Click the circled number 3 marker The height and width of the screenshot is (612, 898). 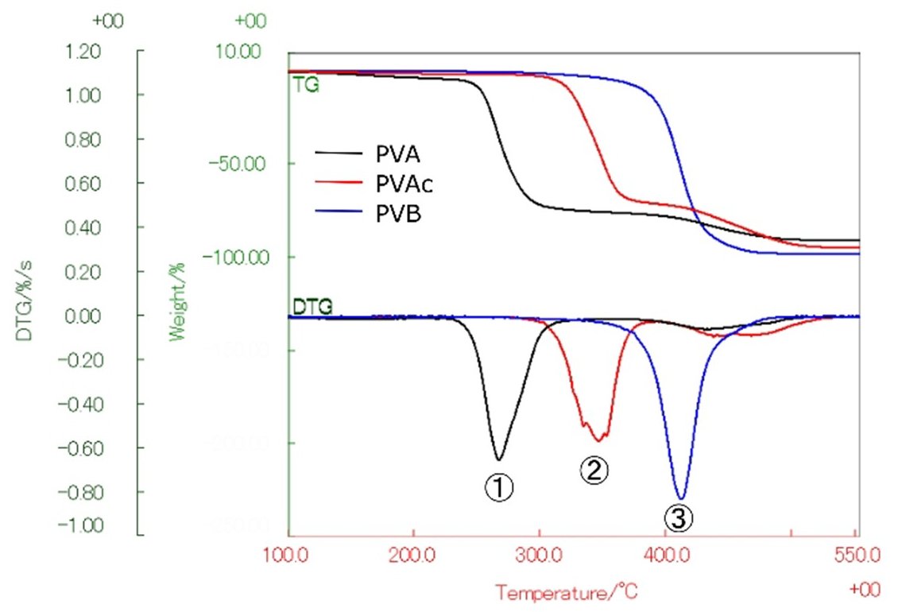click(679, 517)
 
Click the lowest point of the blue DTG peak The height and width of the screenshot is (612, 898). click(679, 498)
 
